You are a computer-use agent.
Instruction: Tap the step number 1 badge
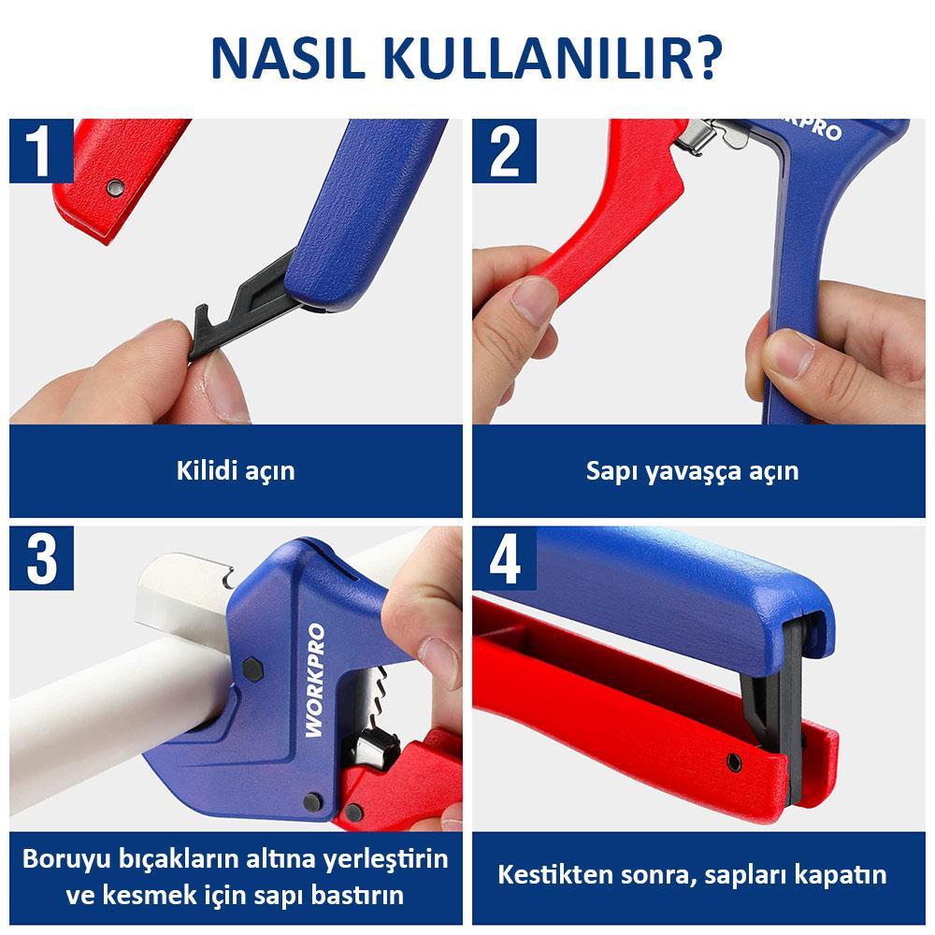42,151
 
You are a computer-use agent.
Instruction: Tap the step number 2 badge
505,151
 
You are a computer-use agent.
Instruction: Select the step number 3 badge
42,558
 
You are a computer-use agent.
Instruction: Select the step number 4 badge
505,558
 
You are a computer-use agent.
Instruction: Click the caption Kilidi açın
236,469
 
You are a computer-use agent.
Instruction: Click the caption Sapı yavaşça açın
693,469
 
